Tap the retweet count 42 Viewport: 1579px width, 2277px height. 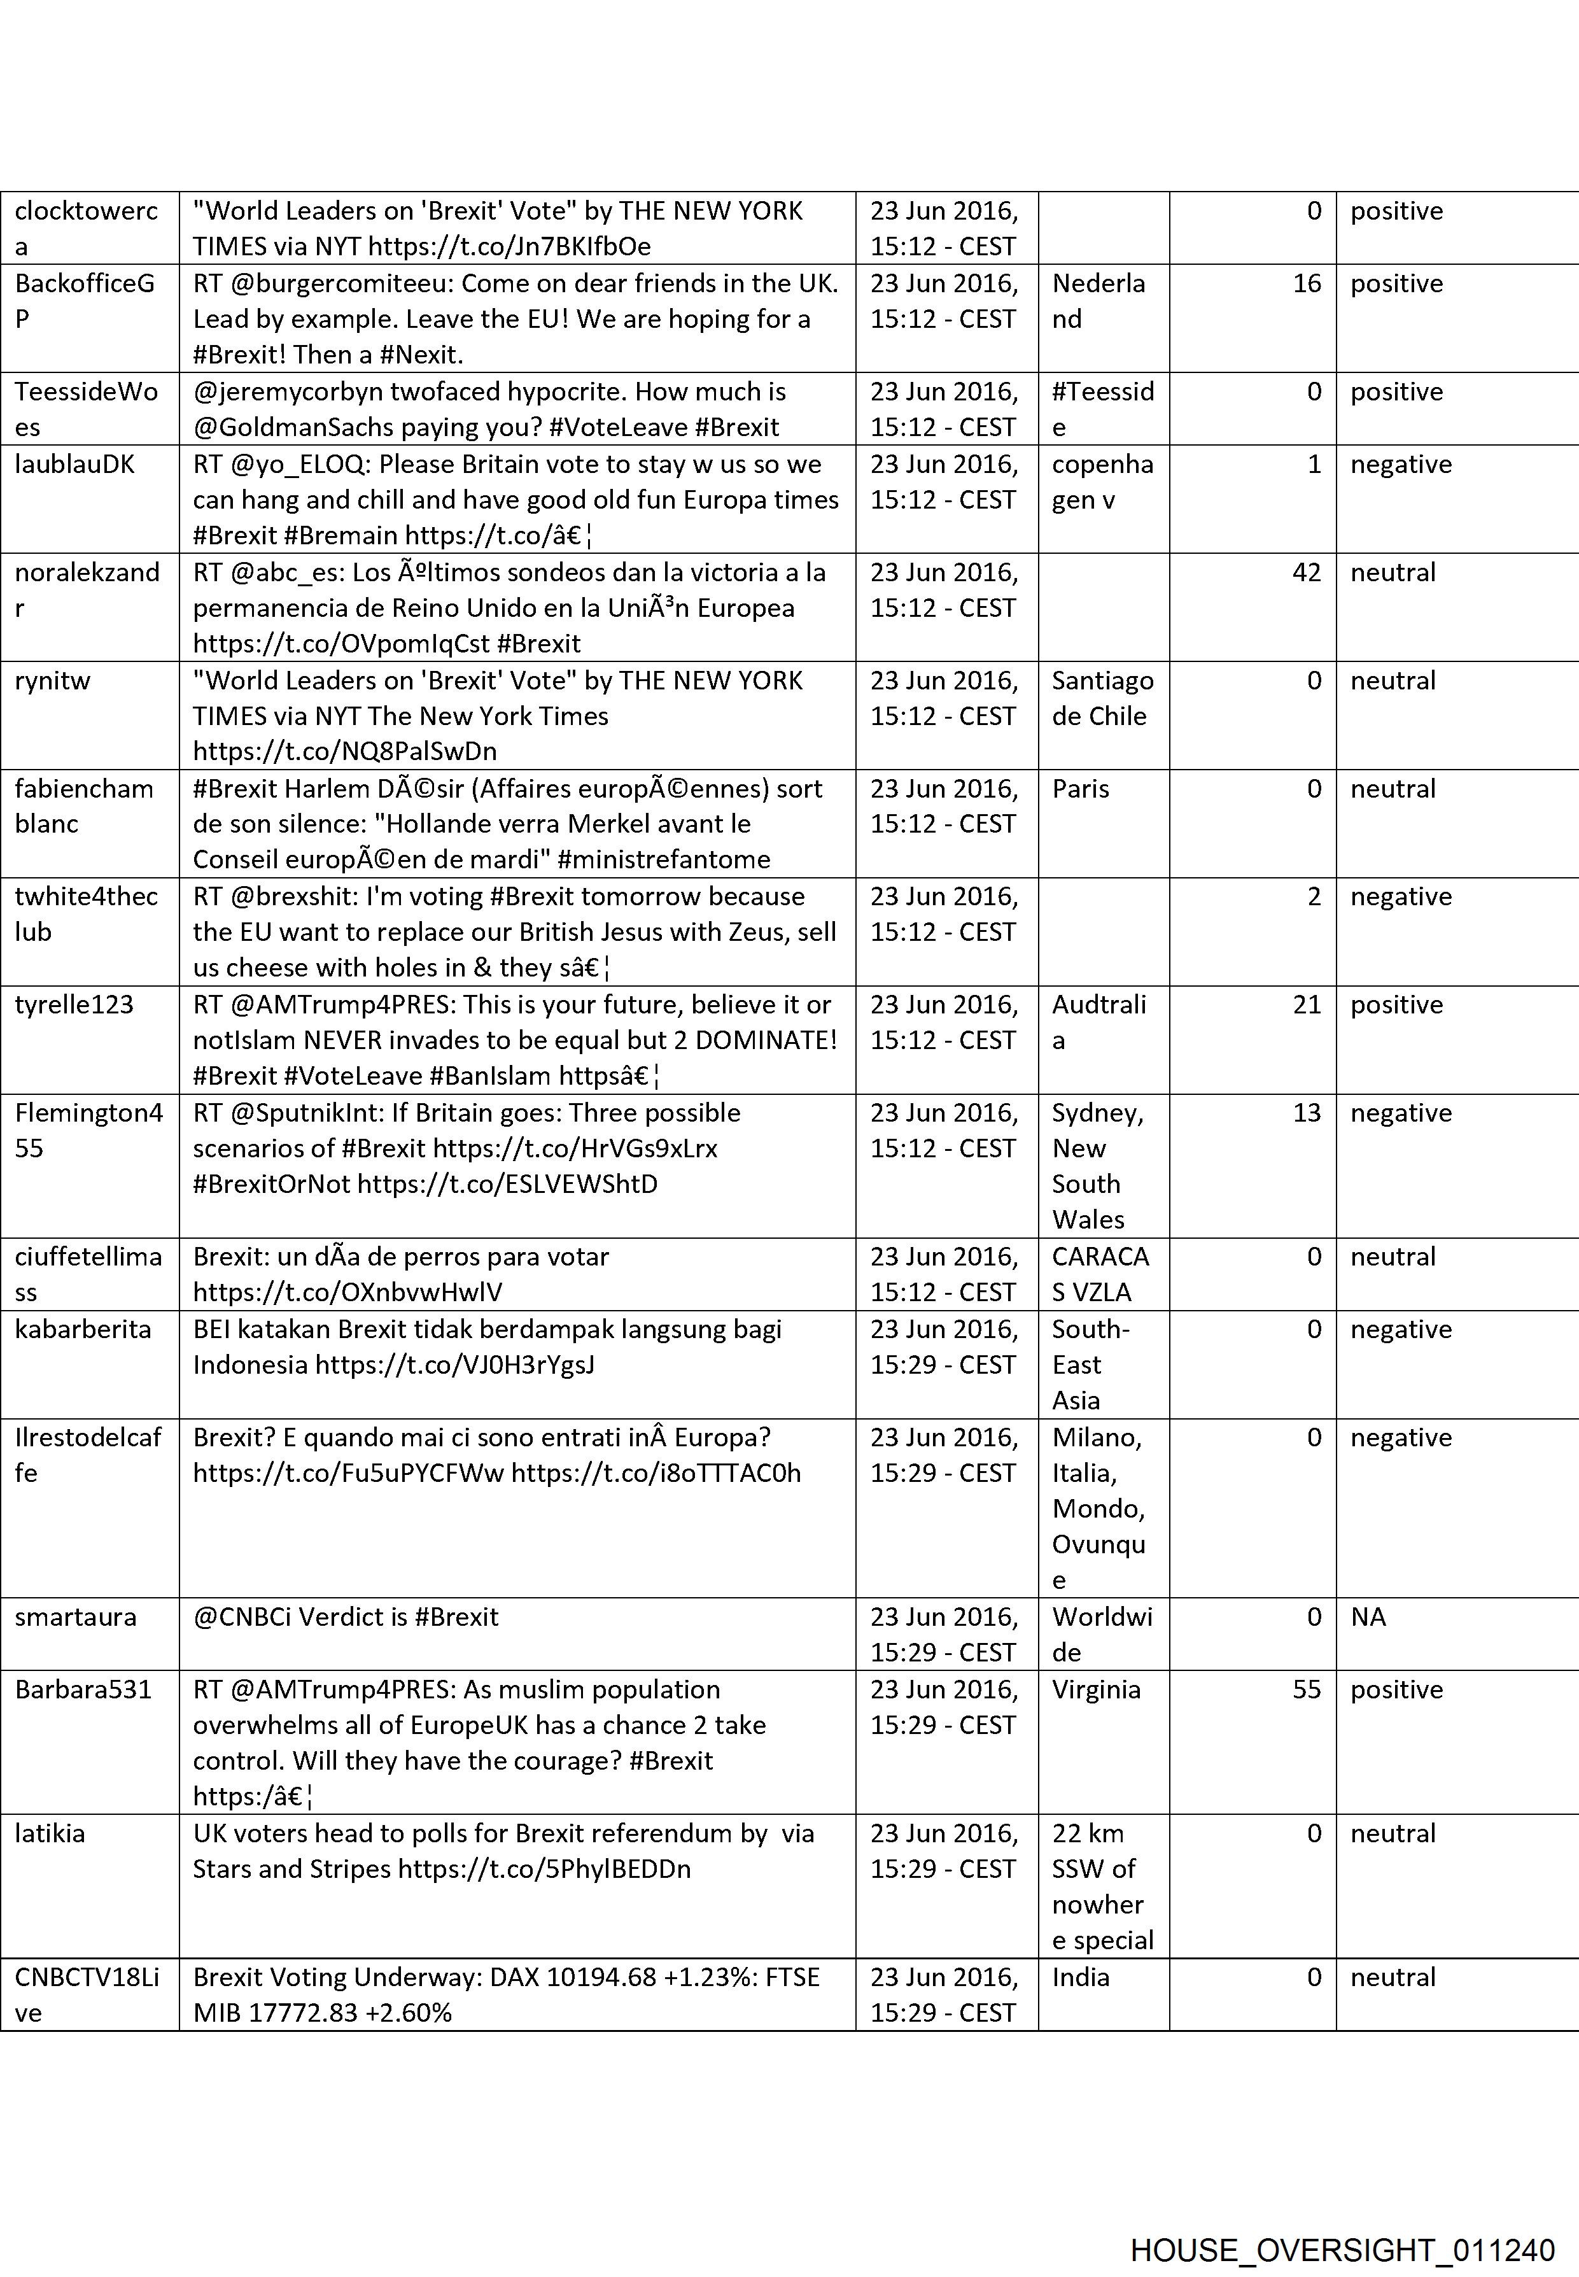tap(1306, 572)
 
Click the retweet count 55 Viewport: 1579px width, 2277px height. tap(1306, 1689)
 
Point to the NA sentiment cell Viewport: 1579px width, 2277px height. tap(1368, 1617)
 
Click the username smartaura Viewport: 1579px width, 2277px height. tap(75, 1617)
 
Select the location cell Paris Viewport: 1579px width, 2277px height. tap(1081, 789)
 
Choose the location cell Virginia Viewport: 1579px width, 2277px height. tap(1096, 1689)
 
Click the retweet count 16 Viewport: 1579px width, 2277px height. tap(1306, 283)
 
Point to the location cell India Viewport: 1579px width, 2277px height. tap(1081, 1977)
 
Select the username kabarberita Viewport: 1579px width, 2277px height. tap(83, 1329)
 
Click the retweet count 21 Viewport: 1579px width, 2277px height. tap(1306, 1005)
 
